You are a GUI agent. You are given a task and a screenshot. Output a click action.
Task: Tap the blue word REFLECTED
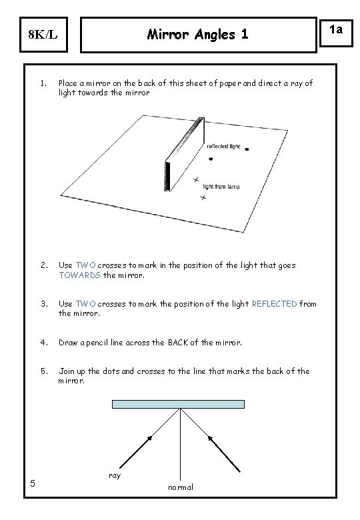(x=275, y=304)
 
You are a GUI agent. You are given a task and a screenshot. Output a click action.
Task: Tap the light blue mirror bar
(x=179, y=404)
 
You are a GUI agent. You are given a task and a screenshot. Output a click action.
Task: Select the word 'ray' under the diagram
(x=114, y=475)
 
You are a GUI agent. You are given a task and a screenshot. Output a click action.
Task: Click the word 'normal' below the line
(x=180, y=487)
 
